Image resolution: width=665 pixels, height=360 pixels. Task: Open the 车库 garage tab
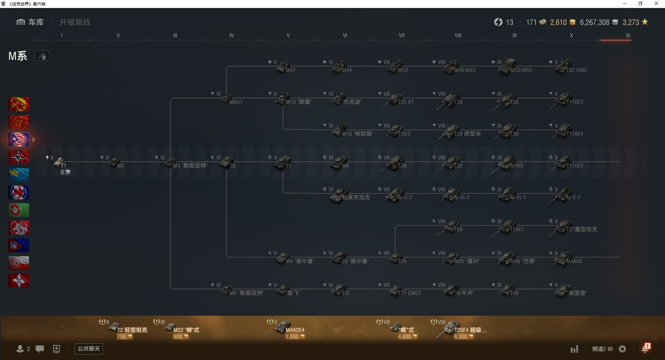pyautogui.click(x=30, y=22)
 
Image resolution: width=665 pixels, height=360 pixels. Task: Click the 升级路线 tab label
pyautogui.click(x=75, y=22)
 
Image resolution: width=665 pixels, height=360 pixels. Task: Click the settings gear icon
pyautogui.click(x=622, y=349)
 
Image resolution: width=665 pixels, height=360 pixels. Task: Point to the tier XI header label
pyautogui.click(x=628, y=35)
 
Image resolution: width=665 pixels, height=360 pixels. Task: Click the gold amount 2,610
pyautogui.click(x=558, y=22)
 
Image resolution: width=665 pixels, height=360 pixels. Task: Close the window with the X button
pyautogui.click(x=656, y=4)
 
